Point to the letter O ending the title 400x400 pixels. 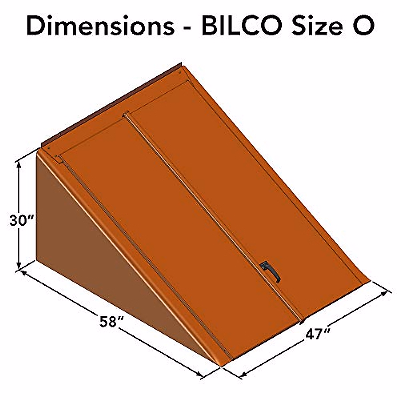(361, 26)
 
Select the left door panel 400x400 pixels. (167, 227)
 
